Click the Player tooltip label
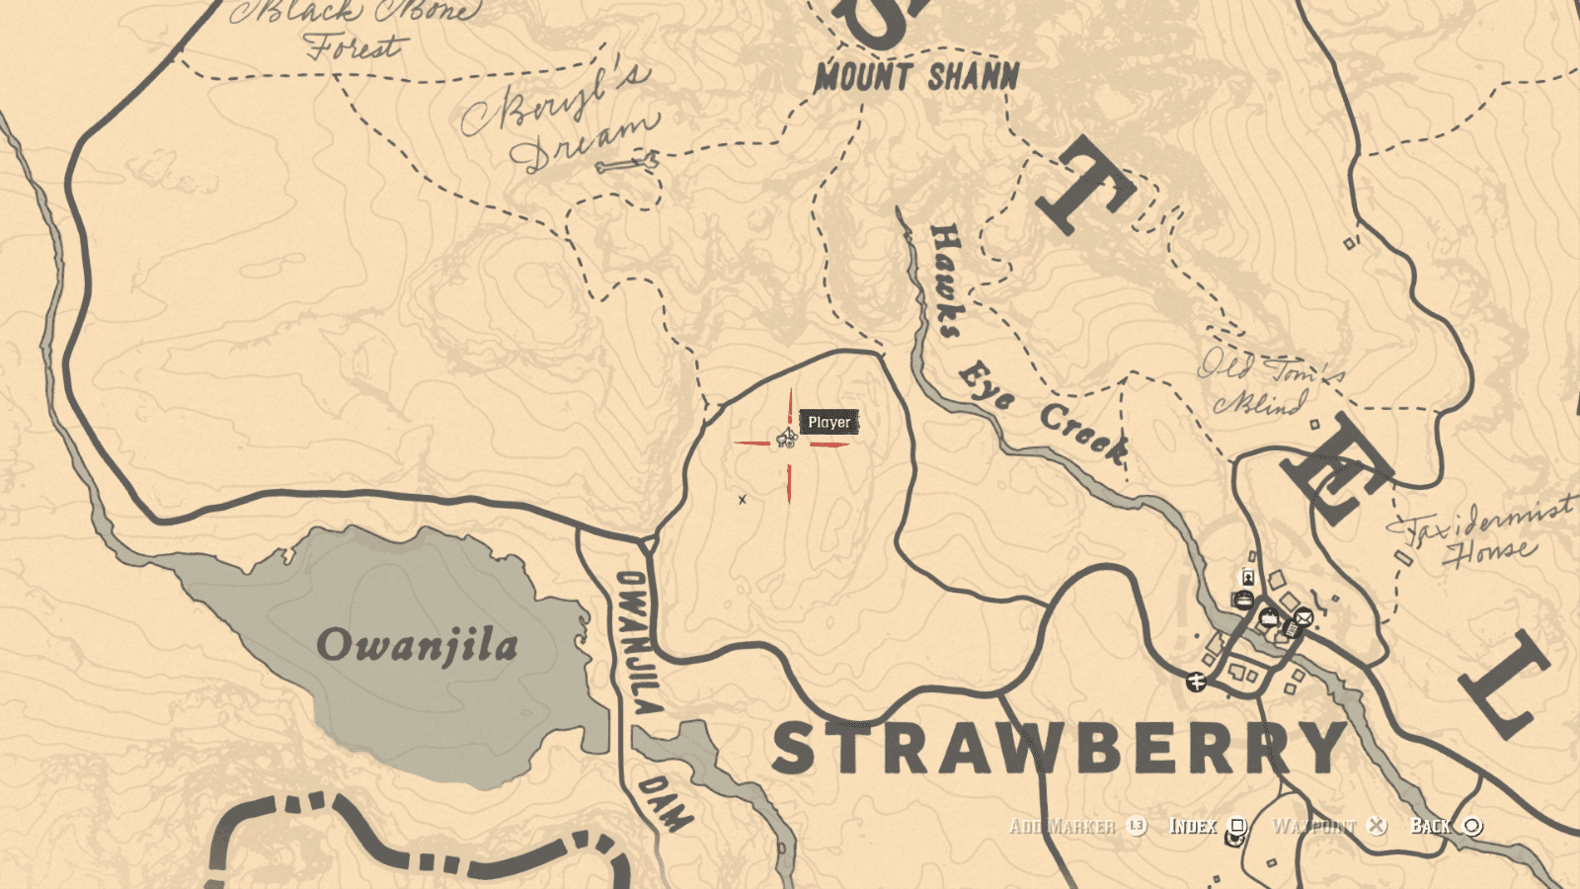[x=829, y=423]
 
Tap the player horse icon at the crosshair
[x=786, y=438]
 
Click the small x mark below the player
[x=743, y=500]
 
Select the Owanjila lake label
[x=417, y=646]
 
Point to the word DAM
[x=664, y=803]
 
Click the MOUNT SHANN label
[x=916, y=77]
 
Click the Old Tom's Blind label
[x=1269, y=383]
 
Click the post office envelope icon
[x=1303, y=618]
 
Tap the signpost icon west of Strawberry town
[x=1197, y=682]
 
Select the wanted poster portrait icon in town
[x=1248, y=577]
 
